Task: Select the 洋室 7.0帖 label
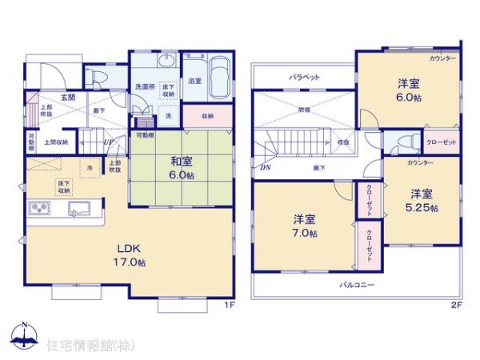click(304, 226)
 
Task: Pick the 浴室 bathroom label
click(194, 82)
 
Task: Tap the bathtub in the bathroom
click(218, 79)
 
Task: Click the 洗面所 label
click(143, 86)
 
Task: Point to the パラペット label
click(304, 78)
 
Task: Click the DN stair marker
click(265, 167)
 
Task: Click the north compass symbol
click(24, 336)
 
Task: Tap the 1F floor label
click(226, 304)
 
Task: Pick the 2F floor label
click(456, 304)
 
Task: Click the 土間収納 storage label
click(55, 142)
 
